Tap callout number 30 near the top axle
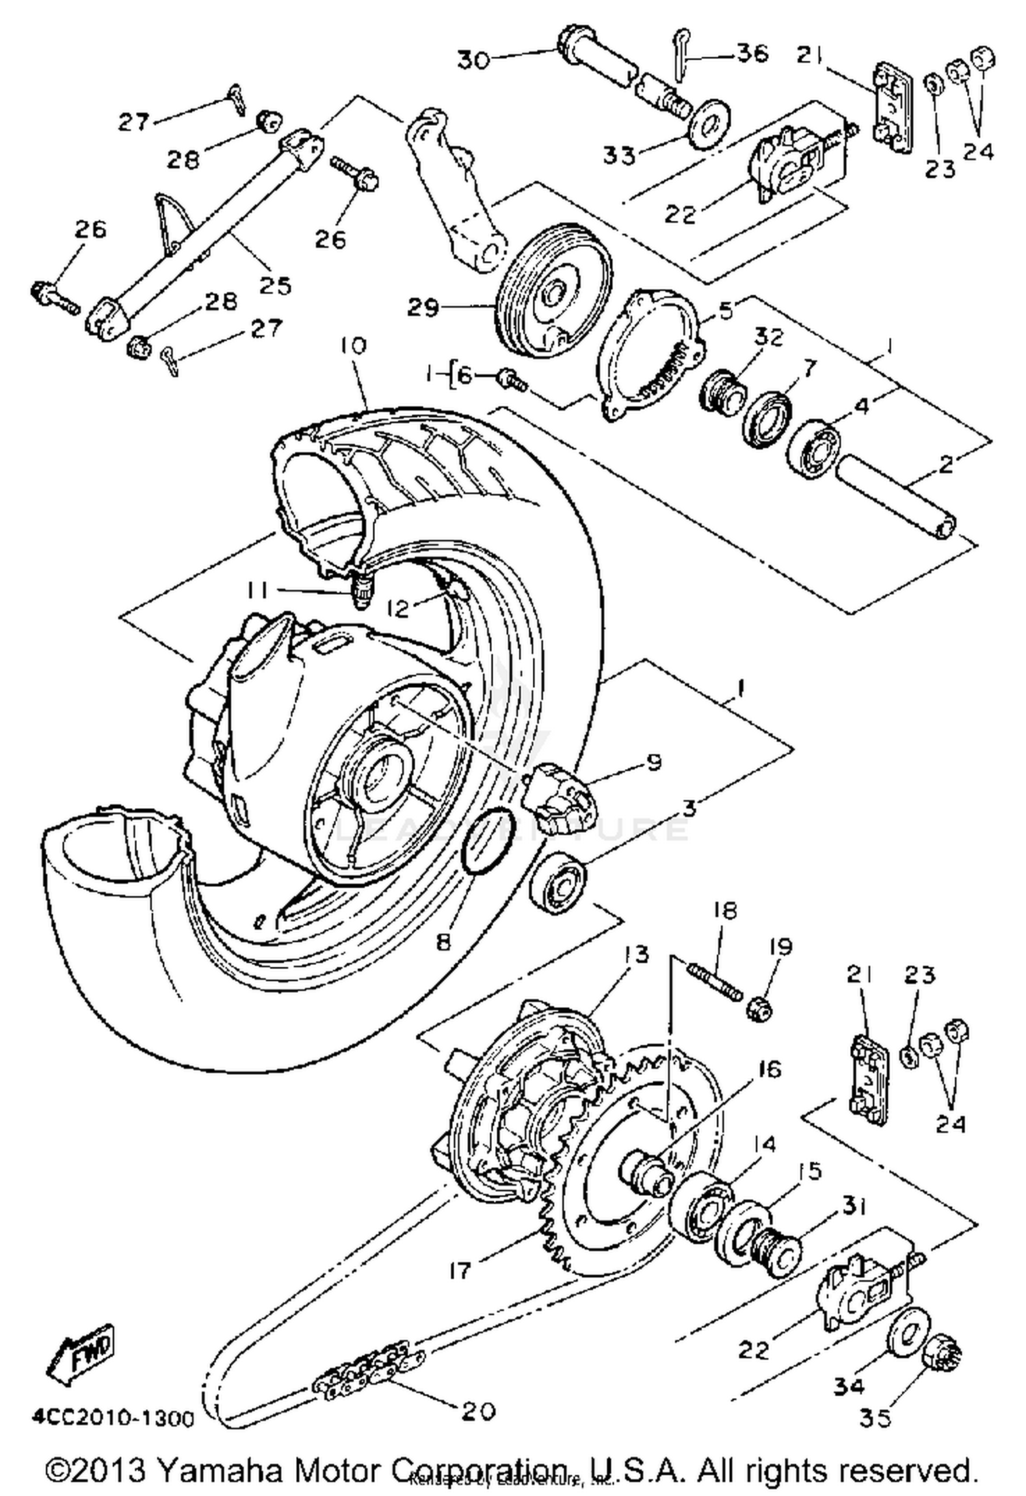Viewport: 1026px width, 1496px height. click(474, 60)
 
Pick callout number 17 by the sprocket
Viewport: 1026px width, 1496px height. click(460, 1270)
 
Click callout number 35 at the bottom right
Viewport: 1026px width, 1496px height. click(876, 1418)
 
